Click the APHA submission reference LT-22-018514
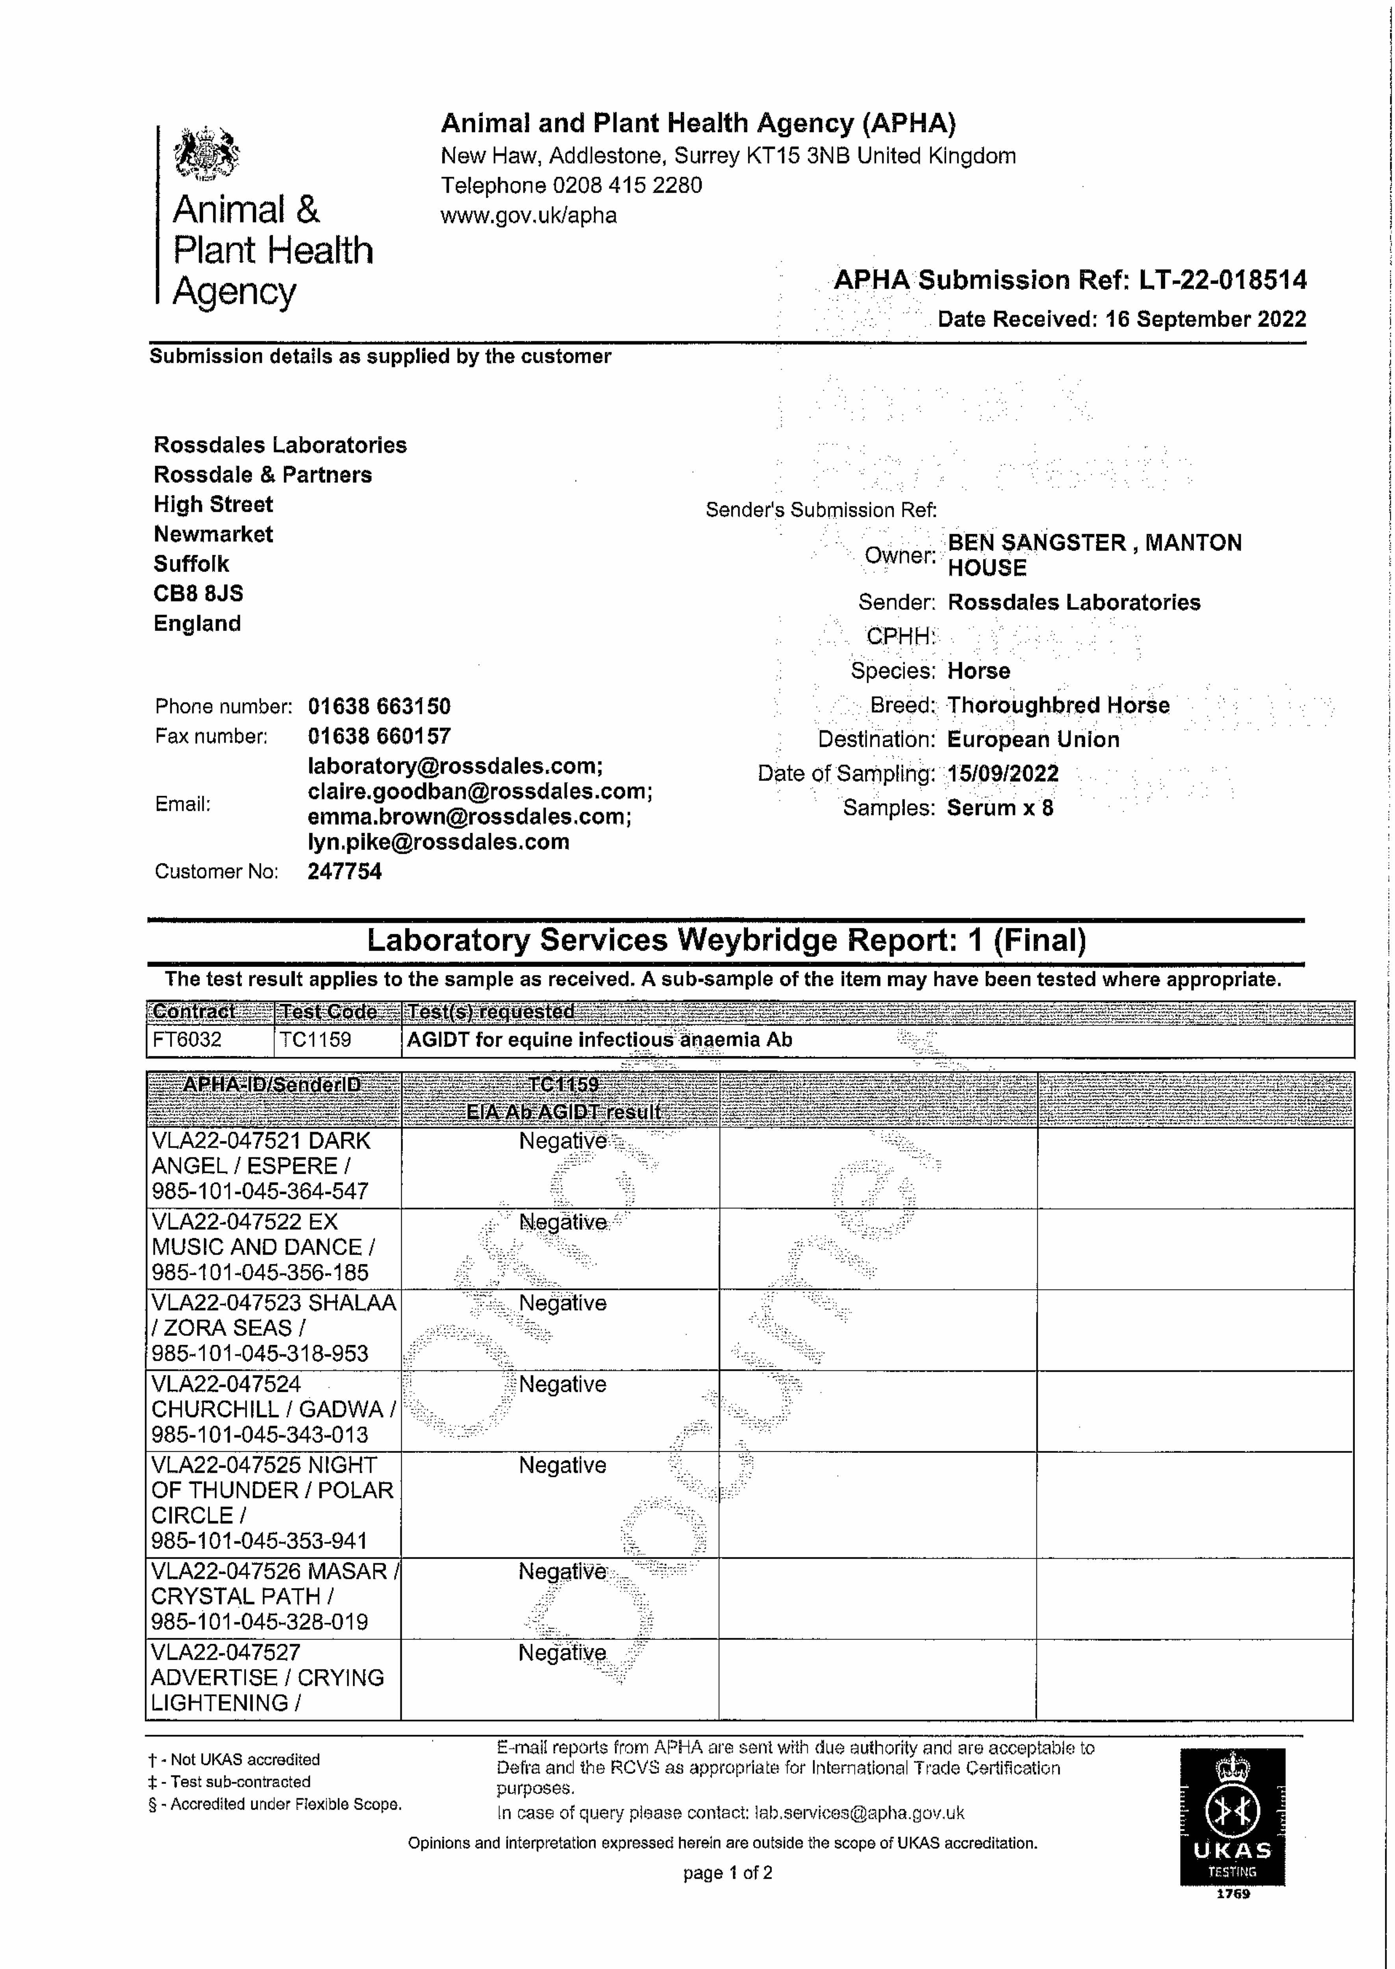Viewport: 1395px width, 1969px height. pyautogui.click(x=1222, y=280)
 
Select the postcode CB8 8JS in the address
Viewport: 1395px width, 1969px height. pyautogui.click(x=198, y=593)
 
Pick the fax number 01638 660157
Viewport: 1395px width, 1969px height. pyautogui.click(x=379, y=736)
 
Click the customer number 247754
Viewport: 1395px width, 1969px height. pyautogui.click(x=345, y=871)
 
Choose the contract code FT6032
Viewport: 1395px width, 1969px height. pyautogui.click(x=187, y=1040)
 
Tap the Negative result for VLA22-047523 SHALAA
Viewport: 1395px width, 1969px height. pyautogui.click(x=563, y=1303)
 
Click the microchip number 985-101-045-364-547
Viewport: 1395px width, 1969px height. pyautogui.click(x=260, y=1192)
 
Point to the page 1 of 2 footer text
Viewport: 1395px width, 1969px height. pyautogui.click(x=728, y=1873)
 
